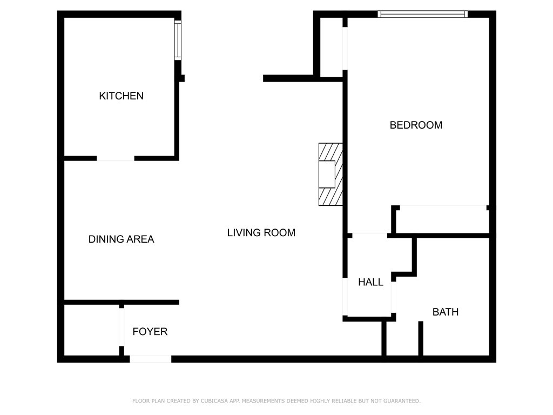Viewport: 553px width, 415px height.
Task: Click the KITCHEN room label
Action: click(x=121, y=96)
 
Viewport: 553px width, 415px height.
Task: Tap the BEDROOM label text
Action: click(x=416, y=125)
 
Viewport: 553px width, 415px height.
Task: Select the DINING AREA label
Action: click(x=121, y=239)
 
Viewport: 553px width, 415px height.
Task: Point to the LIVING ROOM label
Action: click(x=261, y=232)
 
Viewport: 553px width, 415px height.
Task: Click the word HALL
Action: click(x=370, y=282)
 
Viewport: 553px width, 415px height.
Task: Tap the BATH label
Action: click(x=446, y=312)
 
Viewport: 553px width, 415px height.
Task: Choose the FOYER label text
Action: click(x=150, y=331)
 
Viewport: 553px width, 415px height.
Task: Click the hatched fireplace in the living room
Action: click(x=331, y=175)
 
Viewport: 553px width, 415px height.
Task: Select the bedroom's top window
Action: click(x=422, y=14)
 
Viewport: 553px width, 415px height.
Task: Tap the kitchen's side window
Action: click(x=178, y=40)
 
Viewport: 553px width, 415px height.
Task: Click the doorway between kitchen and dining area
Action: click(x=116, y=158)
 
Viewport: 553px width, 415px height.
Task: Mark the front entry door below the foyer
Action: click(x=151, y=359)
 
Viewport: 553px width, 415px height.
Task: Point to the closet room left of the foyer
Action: click(x=91, y=330)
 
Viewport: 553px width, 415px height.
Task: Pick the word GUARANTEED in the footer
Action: click(x=402, y=401)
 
